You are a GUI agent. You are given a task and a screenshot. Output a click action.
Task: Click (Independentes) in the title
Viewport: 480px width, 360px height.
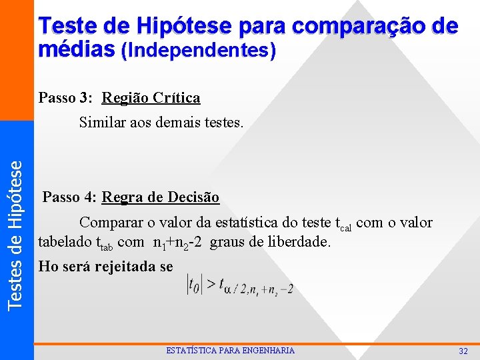tap(198, 50)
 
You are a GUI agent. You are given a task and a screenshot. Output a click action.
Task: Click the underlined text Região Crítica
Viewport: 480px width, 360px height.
tap(151, 98)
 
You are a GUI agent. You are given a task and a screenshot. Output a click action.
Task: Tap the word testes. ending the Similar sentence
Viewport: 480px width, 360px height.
tap(223, 122)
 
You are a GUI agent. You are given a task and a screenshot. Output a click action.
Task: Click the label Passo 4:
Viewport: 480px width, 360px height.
tap(70, 197)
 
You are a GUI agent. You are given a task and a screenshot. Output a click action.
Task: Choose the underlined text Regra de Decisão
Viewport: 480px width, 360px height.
tap(161, 197)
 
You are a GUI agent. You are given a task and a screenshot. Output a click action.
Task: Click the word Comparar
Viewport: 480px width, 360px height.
tap(109, 222)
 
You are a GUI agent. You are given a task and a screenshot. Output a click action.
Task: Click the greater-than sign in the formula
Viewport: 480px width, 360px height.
tap(210, 285)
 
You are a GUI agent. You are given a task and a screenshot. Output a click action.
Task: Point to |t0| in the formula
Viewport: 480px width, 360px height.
tap(194, 285)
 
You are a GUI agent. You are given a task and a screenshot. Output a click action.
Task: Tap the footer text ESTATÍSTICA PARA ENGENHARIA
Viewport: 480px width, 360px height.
tap(230, 351)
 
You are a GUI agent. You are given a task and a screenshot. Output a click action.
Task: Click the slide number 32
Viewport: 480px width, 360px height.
tap(463, 351)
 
